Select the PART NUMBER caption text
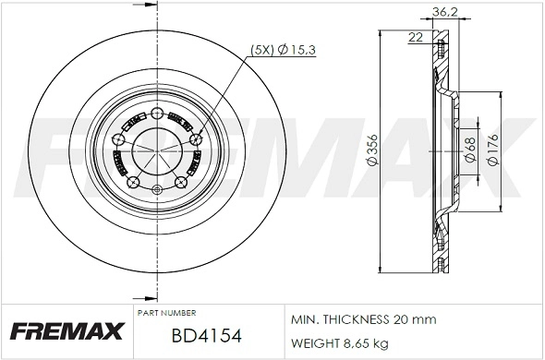pos(166,313)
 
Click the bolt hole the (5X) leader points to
pos(194,139)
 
